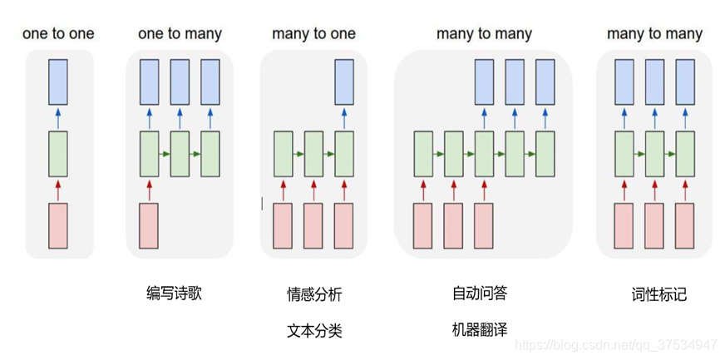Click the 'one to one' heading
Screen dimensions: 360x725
click(58, 34)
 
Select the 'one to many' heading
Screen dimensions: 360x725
click(180, 34)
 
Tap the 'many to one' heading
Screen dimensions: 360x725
click(313, 34)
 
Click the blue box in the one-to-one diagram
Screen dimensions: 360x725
click(57, 81)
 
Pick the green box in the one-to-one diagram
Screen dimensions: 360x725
click(57, 153)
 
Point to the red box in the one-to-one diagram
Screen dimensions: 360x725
click(57, 225)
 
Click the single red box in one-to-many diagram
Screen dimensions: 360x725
click(149, 225)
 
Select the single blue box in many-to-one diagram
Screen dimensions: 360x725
click(344, 81)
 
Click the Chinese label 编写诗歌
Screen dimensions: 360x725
click(174, 293)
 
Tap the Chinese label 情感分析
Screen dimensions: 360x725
click(314, 294)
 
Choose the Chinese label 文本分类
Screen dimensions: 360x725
click(314, 330)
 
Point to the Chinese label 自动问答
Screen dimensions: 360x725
click(480, 293)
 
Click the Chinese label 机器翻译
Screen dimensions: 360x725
click(480, 329)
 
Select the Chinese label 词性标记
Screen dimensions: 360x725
click(659, 294)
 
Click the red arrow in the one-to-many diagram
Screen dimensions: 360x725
click(149, 190)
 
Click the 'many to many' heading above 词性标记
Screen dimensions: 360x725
click(654, 34)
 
